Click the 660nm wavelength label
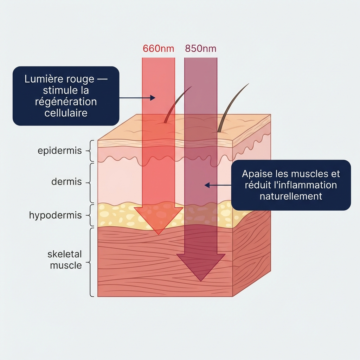click(x=158, y=49)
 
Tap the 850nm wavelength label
click(x=200, y=49)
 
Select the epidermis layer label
click(x=59, y=151)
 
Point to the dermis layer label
click(x=66, y=182)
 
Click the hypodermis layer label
click(x=55, y=215)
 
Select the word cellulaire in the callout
click(x=66, y=113)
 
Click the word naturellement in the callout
click(x=291, y=196)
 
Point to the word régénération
click(x=66, y=102)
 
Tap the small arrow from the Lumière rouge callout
click(x=137, y=98)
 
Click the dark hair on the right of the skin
click(x=230, y=107)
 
